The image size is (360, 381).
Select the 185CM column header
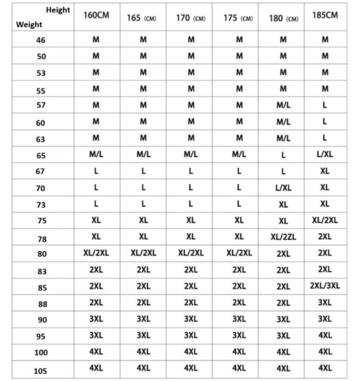point(325,14)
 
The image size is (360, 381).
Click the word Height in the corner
point(58,11)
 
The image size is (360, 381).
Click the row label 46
point(41,40)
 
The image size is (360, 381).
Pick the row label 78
point(41,238)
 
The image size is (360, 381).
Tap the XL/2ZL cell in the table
point(283,237)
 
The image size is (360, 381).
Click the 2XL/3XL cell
point(325,286)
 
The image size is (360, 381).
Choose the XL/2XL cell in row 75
point(325,220)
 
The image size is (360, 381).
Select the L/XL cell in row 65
point(325,155)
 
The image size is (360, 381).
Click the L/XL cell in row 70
point(283,189)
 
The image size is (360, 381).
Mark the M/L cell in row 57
point(283,105)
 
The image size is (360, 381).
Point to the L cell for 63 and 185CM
point(325,138)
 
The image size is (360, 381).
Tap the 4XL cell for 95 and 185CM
point(325,335)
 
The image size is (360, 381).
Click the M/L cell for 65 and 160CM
point(96,155)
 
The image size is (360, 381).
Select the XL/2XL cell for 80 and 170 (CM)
point(191,253)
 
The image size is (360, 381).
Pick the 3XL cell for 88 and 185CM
point(325,302)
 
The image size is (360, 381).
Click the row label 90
point(41,319)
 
